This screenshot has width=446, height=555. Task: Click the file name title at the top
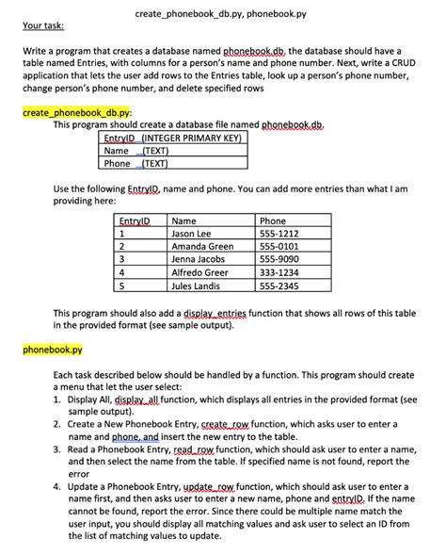tap(221, 14)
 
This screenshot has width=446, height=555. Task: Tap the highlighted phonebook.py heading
tap(52, 349)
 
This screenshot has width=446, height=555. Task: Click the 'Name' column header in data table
tap(185, 220)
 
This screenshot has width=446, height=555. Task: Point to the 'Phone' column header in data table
tap(272, 220)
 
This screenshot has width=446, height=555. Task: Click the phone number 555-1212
tap(279, 234)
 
